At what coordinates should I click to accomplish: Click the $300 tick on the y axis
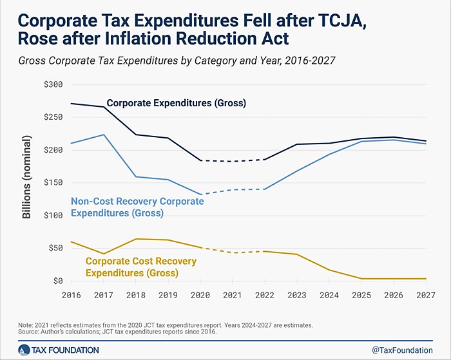tap(53, 84)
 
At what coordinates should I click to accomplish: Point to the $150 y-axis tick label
tap(53, 183)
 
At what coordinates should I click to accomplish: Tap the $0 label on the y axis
tap(57, 281)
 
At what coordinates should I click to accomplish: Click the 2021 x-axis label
tap(233, 296)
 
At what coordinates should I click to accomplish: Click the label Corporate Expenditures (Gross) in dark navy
tap(177, 102)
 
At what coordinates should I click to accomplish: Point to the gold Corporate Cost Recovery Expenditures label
tap(141, 267)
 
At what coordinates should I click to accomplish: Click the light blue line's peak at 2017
tap(103, 135)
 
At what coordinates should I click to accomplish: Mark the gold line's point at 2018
tap(135, 239)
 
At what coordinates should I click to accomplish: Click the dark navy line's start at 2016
tap(71, 104)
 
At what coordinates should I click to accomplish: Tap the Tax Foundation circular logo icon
tap(24, 350)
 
